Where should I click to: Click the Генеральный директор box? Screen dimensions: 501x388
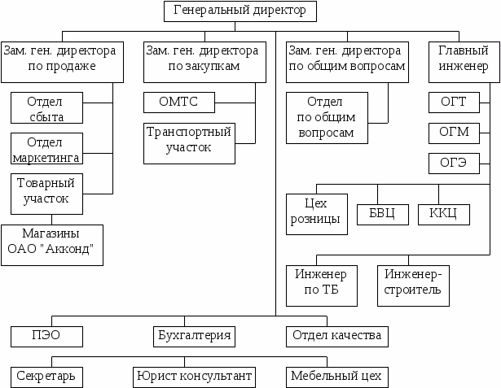pos(240,11)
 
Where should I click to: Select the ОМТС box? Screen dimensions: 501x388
pos(179,102)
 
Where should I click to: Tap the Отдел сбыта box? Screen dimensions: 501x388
pos(46,108)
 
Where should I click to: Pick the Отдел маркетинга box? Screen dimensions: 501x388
pos(46,149)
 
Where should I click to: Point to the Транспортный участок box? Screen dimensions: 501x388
pos(190,144)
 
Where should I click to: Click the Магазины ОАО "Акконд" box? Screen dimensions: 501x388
pos(52,245)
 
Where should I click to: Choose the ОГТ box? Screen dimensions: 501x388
pos(454,102)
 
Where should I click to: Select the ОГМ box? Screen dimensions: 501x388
pos(454,133)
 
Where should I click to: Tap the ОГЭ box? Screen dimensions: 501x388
pos(454,163)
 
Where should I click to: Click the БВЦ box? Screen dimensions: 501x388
pos(383,215)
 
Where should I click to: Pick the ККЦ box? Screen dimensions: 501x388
pos(444,215)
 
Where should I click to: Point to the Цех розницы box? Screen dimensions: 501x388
pos(317,215)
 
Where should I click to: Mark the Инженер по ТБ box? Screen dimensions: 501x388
pos(322,286)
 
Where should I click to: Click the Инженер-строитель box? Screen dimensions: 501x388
pos(414,286)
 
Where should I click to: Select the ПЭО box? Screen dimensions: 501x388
pos(46,337)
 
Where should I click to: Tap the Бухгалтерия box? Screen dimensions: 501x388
pos(194,337)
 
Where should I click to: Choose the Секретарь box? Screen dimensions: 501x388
pos(46,377)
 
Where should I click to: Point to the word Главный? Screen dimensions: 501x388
pos(464,50)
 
